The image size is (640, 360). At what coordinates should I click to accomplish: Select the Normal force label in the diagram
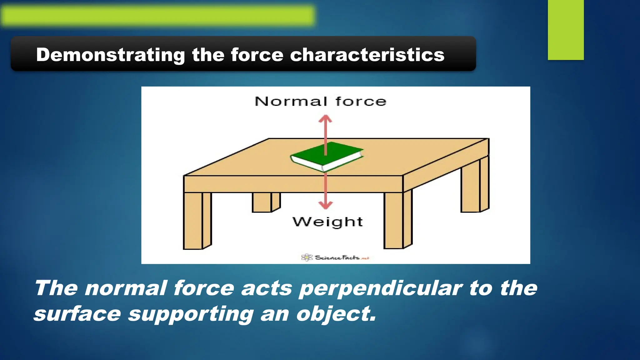(320, 102)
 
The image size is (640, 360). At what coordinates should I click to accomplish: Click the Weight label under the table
(327, 222)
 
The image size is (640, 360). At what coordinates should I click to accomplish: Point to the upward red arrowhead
(325, 119)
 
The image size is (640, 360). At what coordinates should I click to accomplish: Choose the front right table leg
(397, 220)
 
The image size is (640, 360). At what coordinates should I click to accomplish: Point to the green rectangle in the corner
(566, 30)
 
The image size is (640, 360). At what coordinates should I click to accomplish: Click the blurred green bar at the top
(158, 16)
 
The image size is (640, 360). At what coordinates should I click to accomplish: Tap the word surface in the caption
(77, 313)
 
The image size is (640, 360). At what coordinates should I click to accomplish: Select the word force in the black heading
(257, 55)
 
